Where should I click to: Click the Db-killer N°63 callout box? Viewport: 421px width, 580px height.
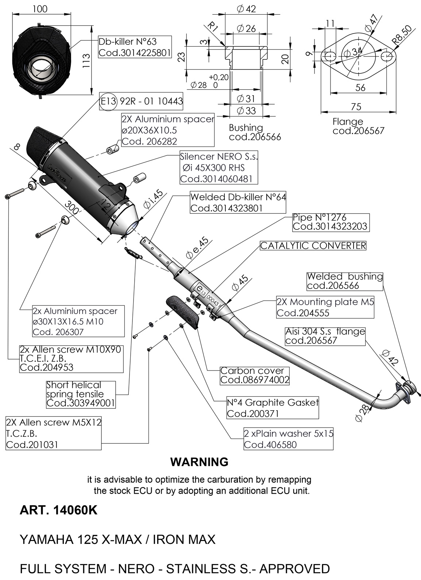[x=135, y=47]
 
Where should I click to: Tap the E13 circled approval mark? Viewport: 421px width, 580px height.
[x=108, y=101]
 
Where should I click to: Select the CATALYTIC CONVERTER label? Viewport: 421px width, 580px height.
[x=313, y=246]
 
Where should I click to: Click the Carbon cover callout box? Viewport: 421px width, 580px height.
[x=255, y=376]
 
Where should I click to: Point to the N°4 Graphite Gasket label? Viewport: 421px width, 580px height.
[x=273, y=408]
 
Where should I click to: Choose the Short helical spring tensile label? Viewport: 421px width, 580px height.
[x=81, y=394]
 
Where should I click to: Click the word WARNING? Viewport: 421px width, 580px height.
[x=199, y=462]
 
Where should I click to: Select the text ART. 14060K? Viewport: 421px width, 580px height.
[x=58, y=510]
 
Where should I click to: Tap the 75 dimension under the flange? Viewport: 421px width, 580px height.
[x=356, y=106]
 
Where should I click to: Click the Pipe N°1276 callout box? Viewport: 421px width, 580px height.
[x=330, y=222]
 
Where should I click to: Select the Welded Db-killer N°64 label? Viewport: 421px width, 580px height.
[x=238, y=203]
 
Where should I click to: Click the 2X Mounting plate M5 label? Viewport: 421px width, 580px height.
[x=325, y=307]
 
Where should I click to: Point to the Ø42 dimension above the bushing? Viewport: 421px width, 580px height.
[x=246, y=9]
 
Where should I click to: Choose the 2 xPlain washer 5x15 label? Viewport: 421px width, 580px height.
[x=288, y=439]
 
